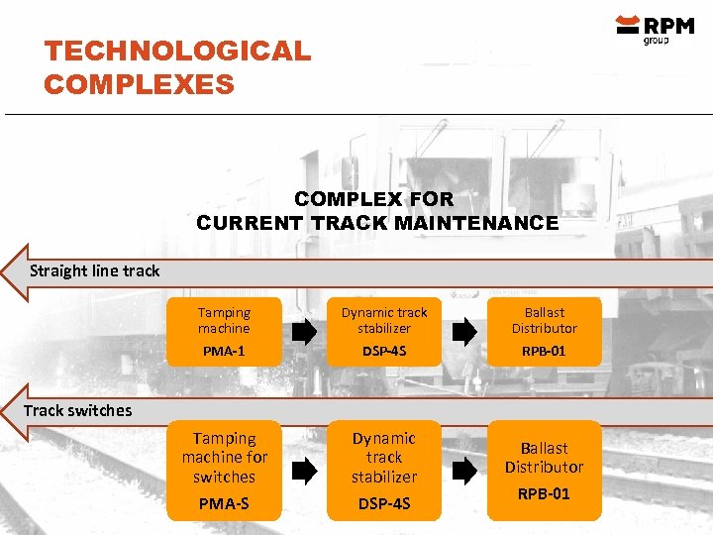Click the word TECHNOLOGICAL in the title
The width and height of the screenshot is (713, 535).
(177, 51)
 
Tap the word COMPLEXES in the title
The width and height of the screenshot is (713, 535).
(139, 84)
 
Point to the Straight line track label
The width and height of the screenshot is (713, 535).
(94, 270)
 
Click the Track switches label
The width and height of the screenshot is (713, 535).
(77, 410)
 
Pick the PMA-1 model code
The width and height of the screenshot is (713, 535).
(224, 351)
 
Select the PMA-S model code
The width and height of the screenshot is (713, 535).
(224, 503)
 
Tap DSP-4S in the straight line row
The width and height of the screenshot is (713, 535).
(384, 351)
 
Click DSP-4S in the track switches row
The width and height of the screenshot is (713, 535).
(384, 503)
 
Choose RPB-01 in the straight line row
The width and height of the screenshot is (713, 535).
(544, 351)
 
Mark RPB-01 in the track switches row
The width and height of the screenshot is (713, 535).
(544, 493)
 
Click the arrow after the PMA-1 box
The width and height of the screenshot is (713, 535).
(304, 332)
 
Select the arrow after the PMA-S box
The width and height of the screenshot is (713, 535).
(304, 471)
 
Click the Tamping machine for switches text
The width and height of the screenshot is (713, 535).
(224, 457)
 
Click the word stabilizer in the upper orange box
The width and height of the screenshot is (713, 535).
(384, 328)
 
